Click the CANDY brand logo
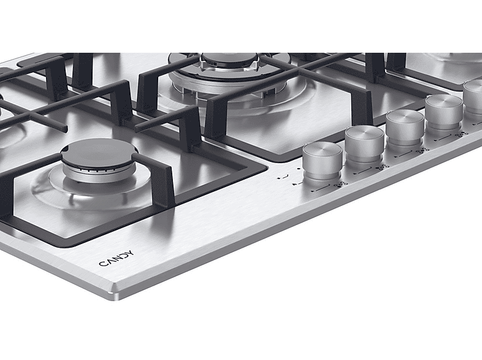117,259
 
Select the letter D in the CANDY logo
124,256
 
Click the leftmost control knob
322,161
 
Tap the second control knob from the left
364,144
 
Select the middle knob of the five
405,128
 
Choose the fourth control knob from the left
444,112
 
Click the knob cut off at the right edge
473,99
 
